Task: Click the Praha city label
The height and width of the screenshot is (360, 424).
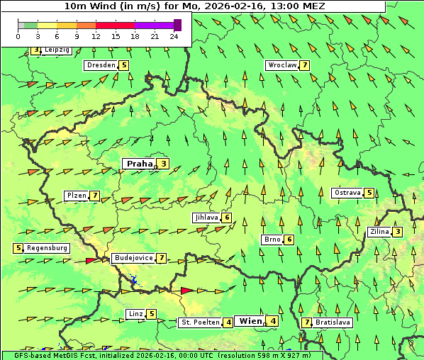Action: click(x=139, y=164)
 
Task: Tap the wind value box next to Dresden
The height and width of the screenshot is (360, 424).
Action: click(x=124, y=65)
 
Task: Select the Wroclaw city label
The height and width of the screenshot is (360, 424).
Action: click(x=281, y=65)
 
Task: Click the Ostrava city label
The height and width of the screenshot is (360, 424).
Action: click(x=347, y=193)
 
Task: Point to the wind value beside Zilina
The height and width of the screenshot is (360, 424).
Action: click(x=398, y=232)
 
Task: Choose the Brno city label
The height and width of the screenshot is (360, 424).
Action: click(x=272, y=240)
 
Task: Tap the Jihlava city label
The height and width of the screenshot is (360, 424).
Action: click(x=206, y=218)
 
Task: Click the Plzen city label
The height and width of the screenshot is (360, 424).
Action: click(x=76, y=196)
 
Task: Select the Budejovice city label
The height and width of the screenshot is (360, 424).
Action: click(x=133, y=258)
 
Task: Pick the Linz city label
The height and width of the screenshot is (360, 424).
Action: click(x=135, y=314)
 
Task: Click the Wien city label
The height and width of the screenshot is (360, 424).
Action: click(x=251, y=321)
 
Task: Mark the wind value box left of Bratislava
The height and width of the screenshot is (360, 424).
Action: click(x=306, y=322)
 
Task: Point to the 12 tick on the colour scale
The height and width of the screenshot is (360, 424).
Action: click(x=96, y=35)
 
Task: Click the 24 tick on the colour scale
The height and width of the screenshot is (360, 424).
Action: click(x=174, y=35)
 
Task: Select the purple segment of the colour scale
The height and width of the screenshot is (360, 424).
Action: click(x=155, y=25)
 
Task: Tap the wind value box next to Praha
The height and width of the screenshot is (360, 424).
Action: click(x=164, y=164)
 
